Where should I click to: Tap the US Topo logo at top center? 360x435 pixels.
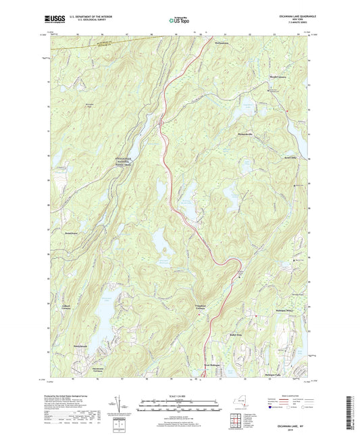176,21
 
